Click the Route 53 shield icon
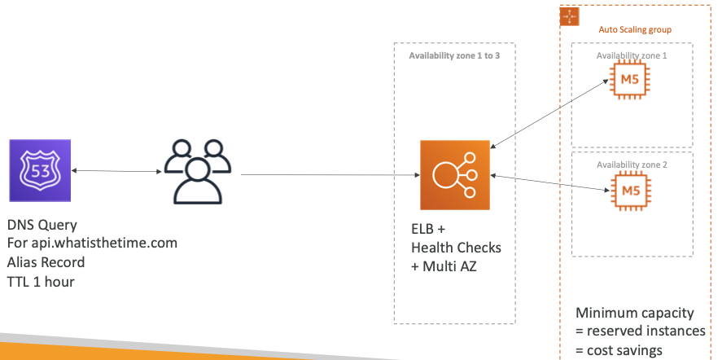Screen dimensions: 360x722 tap(40, 171)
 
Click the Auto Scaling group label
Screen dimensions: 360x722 tap(635, 29)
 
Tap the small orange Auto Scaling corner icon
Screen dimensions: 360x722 tap(569, 16)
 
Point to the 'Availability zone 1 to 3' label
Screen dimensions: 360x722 tap(455, 56)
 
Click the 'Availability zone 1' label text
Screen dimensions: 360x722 tap(632, 55)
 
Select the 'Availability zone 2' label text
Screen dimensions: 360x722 tap(632, 165)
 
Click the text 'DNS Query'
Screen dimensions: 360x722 tap(42, 226)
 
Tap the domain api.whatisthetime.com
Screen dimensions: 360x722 tap(92, 244)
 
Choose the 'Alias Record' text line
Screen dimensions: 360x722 tap(46, 262)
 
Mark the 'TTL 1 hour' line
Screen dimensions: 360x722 tap(41, 281)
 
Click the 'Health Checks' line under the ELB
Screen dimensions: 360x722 tap(456, 248)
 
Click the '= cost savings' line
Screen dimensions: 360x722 tap(619, 350)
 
